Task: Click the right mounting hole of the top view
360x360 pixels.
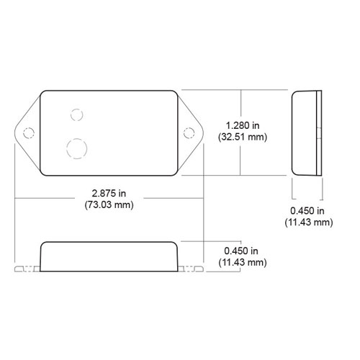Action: point(189,132)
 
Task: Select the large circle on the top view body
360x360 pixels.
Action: point(76,148)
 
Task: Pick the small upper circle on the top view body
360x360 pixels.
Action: point(76,113)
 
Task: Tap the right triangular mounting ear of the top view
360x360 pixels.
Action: point(192,132)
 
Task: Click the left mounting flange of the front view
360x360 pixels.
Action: point(27,269)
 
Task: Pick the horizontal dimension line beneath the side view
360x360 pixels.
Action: point(307,198)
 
